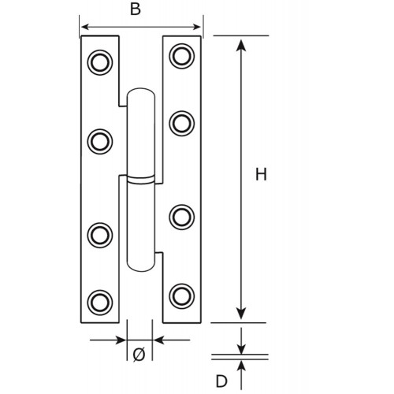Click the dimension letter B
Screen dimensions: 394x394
coord(136,9)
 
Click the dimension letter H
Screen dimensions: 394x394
coord(261,174)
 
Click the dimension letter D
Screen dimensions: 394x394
coord(221,381)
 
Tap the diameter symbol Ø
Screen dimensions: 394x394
coord(139,355)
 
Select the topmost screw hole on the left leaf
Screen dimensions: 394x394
coord(100,62)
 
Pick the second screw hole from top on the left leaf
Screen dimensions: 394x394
coord(100,142)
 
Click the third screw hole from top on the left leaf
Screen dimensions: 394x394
coord(100,235)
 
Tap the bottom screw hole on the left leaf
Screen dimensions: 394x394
coord(100,303)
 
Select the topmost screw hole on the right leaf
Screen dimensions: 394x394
coord(182,56)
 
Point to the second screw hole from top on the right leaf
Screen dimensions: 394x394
coord(182,124)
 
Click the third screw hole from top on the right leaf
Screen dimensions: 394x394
coord(182,217)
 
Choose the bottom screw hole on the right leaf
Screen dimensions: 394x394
coord(182,296)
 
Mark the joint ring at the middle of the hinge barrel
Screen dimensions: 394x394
coord(141,179)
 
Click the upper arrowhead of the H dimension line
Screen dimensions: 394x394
coord(241,45)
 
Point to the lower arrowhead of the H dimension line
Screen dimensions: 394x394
coord(241,314)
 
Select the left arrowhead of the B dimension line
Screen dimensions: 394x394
coord(87,27)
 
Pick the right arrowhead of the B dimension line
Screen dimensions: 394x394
coord(195,27)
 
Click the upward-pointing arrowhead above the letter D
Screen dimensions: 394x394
coord(241,366)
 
